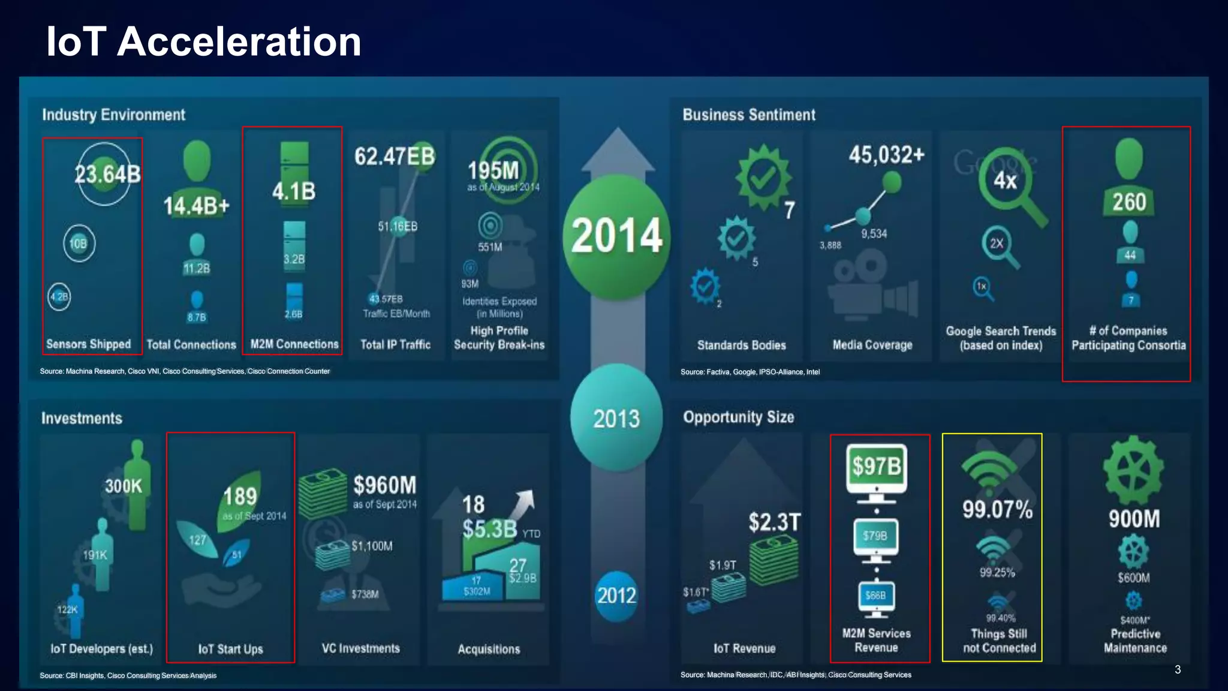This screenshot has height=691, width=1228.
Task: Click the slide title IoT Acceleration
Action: pos(204,42)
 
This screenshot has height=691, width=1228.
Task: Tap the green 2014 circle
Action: pos(616,235)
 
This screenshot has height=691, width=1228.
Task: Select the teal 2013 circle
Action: pos(616,418)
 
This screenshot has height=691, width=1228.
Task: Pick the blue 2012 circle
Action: pos(616,595)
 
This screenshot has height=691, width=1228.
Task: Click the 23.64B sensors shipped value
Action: pos(107,174)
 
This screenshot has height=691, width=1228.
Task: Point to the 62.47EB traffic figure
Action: pos(394,156)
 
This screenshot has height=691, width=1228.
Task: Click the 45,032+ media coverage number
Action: pos(886,155)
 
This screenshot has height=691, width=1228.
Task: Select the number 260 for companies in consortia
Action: pos(1129,202)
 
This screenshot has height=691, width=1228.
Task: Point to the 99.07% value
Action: pos(997,509)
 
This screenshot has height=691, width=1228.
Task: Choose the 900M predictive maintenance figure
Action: pos(1134,519)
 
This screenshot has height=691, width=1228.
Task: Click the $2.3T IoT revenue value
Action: pos(774,522)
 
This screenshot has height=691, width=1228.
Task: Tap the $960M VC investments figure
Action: pos(384,485)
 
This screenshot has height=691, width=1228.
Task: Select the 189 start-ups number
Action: pos(240,496)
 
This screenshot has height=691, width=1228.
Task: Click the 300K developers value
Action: pos(124,486)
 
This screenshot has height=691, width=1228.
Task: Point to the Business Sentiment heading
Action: pos(749,115)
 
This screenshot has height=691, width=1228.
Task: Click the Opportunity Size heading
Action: pos(738,417)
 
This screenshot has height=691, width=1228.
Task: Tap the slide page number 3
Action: pos(1178,669)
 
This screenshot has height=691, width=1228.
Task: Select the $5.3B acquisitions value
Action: pos(489,528)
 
